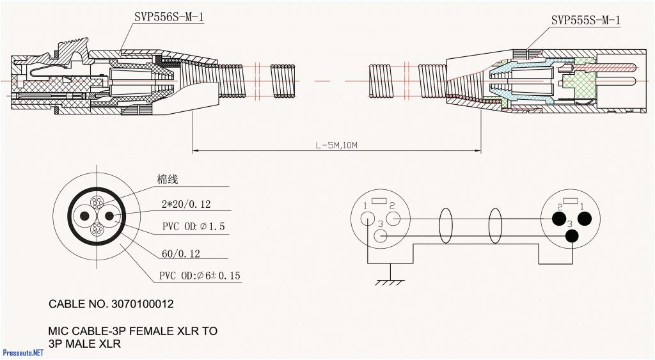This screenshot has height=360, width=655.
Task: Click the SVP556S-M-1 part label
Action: click(169, 17)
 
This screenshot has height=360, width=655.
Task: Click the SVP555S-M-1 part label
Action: click(585, 20)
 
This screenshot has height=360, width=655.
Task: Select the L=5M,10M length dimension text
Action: click(336, 145)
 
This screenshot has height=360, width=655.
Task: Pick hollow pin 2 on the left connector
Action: click(394, 219)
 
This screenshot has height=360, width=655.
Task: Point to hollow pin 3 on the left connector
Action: click(381, 237)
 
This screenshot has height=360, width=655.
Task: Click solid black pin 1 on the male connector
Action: click(585, 219)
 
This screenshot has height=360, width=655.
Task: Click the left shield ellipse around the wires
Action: click(445, 226)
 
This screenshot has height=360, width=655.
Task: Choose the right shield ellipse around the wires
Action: click(495, 226)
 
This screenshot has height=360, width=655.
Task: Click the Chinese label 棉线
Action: click(167, 180)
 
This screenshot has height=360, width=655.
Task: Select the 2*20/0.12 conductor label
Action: click(186, 205)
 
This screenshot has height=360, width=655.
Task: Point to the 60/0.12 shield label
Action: click(180, 254)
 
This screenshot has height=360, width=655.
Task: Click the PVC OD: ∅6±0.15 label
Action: click(200, 276)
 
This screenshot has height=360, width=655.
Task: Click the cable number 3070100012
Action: click(141, 304)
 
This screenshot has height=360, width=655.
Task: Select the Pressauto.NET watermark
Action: click(23, 353)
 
